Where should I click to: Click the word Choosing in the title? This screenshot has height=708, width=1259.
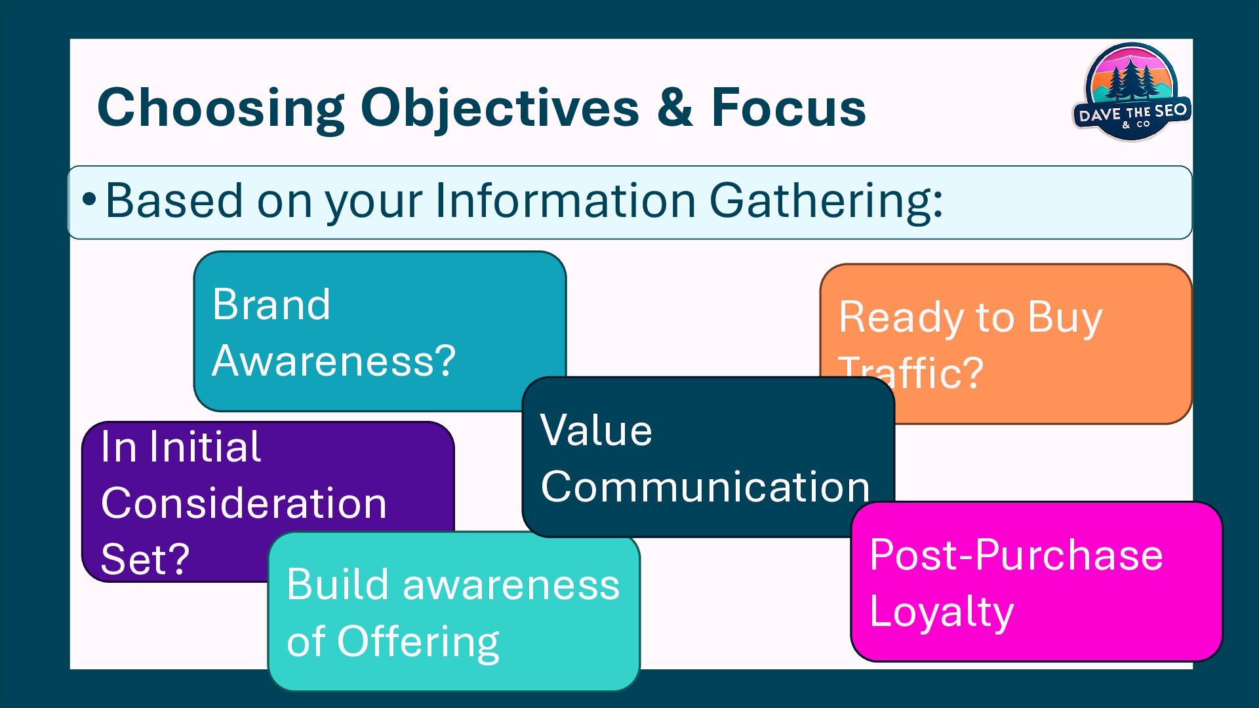(220, 108)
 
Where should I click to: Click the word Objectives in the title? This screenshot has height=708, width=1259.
(500, 108)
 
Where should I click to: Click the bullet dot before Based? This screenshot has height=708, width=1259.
(89, 200)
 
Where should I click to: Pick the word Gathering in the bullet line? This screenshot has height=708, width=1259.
(826, 201)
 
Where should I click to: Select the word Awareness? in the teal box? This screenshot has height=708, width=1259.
(334, 361)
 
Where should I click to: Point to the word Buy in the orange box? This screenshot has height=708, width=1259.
(1065, 318)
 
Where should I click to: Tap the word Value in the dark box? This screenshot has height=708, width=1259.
(596, 431)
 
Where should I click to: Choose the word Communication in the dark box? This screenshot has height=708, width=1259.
(705, 487)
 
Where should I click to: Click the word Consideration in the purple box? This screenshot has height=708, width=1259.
(244, 503)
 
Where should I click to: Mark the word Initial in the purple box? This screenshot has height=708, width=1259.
(205, 447)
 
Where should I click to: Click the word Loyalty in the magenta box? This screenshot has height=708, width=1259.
(942, 612)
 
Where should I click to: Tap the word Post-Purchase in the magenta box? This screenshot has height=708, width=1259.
(1016, 555)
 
